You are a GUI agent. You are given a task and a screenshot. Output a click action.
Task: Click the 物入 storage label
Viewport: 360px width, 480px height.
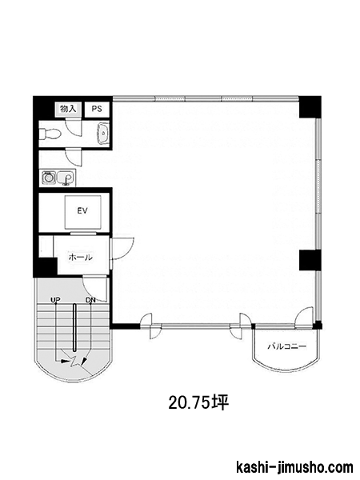[x=68, y=109]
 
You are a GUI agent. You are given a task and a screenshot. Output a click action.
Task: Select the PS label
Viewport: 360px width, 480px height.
[x=97, y=109]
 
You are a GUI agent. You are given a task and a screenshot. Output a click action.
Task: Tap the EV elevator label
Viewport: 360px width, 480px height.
[x=82, y=210]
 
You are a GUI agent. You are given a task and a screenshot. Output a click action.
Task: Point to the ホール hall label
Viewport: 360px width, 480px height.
[x=81, y=258]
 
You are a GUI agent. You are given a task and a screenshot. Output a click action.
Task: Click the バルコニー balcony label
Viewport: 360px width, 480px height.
[x=287, y=346]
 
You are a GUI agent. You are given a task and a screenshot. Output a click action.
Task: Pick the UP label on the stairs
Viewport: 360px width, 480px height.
[x=55, y=300]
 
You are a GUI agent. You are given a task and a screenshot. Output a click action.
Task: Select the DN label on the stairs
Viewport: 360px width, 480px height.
[x=90, y=300]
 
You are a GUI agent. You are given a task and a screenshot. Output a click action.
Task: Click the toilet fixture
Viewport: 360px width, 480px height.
[x=50, y=134]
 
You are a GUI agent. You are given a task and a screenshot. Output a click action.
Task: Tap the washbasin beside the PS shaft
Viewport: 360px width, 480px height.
[x=104, y=134]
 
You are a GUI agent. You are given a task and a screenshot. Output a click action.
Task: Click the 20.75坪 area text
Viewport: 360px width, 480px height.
[x=198, y=403]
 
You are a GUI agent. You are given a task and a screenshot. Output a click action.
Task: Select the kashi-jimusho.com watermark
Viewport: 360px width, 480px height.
[x=294, y=467]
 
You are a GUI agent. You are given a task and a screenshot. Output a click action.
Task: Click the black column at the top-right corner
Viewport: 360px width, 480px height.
[x=310, y=107]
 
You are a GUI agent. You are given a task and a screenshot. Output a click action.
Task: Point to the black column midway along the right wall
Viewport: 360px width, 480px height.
[x=310, y=260]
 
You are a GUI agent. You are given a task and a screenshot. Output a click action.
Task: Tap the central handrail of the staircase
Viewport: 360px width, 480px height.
[x=74, y=327]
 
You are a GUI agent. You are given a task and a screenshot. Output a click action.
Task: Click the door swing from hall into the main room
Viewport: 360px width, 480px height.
[x=122, y=249]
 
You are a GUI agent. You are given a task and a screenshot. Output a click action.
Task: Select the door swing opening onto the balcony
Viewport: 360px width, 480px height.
[x=304, y=318]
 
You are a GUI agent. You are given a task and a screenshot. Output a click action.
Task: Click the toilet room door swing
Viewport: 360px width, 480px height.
[x=74, y=129]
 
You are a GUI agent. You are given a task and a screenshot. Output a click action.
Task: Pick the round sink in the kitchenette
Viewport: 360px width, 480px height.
[x=48, y=177]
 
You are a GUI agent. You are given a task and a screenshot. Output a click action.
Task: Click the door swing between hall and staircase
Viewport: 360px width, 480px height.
[x=95, y=289]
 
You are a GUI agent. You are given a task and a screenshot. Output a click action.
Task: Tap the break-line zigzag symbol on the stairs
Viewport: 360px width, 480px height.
[x=75, y=362]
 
